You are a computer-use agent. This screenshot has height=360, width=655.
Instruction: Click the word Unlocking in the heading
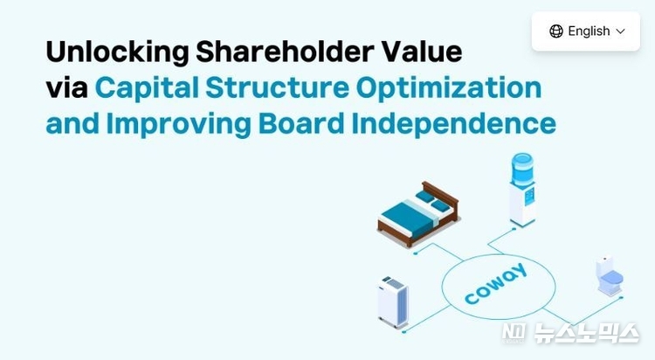tap(117, 52)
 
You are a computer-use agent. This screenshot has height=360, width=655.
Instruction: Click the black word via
tap(67, 87)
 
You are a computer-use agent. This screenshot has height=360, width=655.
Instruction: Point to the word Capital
tap(147, 88)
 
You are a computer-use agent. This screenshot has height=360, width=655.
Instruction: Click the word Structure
tap(278, 87)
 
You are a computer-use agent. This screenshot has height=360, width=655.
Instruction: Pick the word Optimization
tap(449, 88)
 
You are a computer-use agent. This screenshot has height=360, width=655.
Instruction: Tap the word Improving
tap(179, 125)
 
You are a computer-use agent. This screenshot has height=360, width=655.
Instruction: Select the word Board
tap(301, 124)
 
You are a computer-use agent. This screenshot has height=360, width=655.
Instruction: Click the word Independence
tap(453, 125)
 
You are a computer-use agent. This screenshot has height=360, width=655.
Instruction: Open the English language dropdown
tap(586, 31)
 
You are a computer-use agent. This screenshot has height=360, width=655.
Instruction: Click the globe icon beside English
tap(556, 31)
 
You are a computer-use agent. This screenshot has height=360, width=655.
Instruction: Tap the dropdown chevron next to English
tap(621, 31)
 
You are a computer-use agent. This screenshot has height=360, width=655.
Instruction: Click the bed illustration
tap(418, 213)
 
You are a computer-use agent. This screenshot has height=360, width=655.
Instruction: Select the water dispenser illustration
tap(522, 190)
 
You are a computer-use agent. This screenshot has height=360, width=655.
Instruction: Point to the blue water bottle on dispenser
tap(522, 170)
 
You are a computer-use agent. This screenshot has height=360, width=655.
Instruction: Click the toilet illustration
tap(610, 276)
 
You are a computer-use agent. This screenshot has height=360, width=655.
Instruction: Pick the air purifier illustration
tap(393, 301)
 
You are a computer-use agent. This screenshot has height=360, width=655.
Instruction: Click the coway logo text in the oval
tap(496, 283)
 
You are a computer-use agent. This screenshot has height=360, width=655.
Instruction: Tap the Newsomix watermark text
tap(570, 333)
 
